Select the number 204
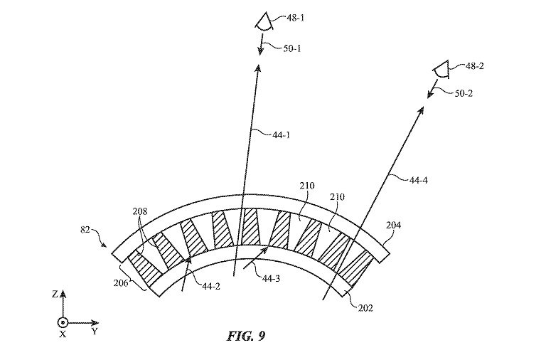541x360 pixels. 394,226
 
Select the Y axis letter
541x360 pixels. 94,332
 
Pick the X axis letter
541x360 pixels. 63,334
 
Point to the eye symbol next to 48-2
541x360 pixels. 440,70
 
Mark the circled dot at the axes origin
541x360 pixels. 63,321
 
